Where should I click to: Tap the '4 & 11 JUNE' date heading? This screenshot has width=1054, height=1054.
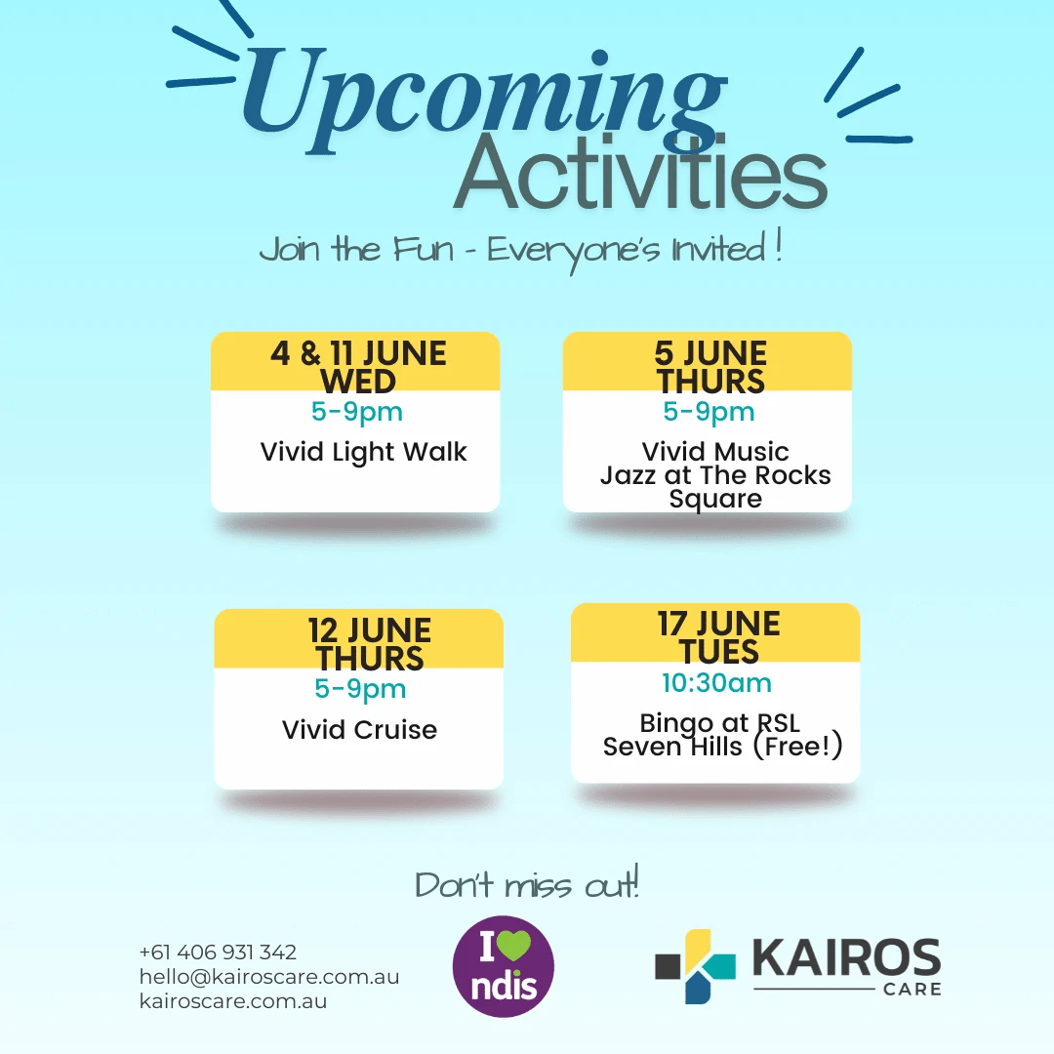(x=358, y=353)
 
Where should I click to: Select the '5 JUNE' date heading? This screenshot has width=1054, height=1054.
(x=710, y=353)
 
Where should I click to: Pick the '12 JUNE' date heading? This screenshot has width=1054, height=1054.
(x=370, y=630)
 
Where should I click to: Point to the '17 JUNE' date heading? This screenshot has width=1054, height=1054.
(x=718, y=624)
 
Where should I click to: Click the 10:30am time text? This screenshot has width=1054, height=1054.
(x=716, y=683)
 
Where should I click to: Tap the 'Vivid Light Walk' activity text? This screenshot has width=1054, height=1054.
(x=363, y=453)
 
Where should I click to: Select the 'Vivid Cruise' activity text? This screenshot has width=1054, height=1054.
(x=359, y=729)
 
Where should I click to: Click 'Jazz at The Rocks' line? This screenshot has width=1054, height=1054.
(x=715, y=475)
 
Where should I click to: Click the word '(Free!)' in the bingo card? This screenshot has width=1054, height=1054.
(x=797, y=747)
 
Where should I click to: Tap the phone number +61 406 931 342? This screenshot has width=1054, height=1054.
(x=218, y=952)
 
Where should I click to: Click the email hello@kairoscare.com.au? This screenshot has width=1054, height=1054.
(x=269, y=977)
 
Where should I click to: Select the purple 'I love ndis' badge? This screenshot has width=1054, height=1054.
(x=504, y=966)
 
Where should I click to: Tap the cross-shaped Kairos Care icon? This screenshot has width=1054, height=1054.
(x=695, y=966)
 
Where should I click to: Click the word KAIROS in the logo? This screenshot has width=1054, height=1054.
(x=846, y=957)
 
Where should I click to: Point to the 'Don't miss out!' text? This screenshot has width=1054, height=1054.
(x=527, y=883)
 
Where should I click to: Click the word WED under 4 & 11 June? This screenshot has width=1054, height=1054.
(x=358, y=382)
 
